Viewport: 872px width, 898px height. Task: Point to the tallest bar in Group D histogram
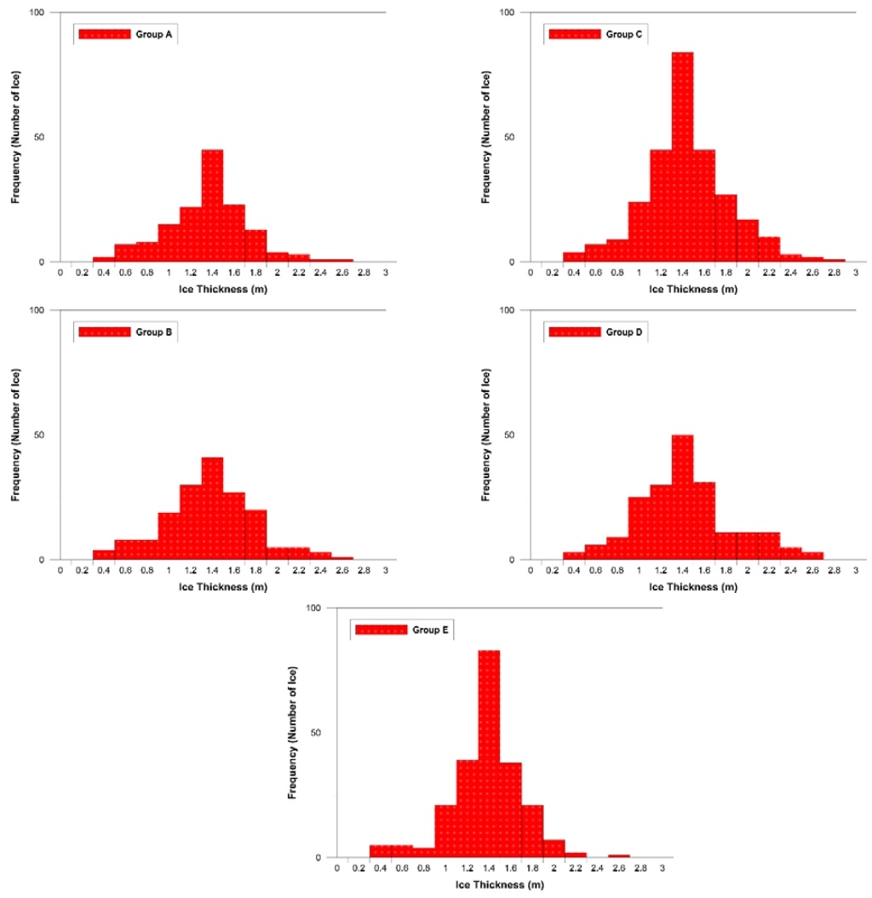[682, 498]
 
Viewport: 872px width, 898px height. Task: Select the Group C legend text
[625, 35]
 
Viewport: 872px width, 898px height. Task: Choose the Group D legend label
[625, 332]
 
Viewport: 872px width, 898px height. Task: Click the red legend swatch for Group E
[380, 630]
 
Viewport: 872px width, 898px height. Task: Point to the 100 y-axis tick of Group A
[40, 13]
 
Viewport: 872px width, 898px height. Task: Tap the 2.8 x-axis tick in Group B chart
[364, 571]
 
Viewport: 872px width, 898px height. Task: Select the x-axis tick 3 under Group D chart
[855, 571]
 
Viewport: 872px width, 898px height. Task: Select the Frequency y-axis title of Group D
[486, 435]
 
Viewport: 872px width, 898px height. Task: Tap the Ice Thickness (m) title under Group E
[500, 886]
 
